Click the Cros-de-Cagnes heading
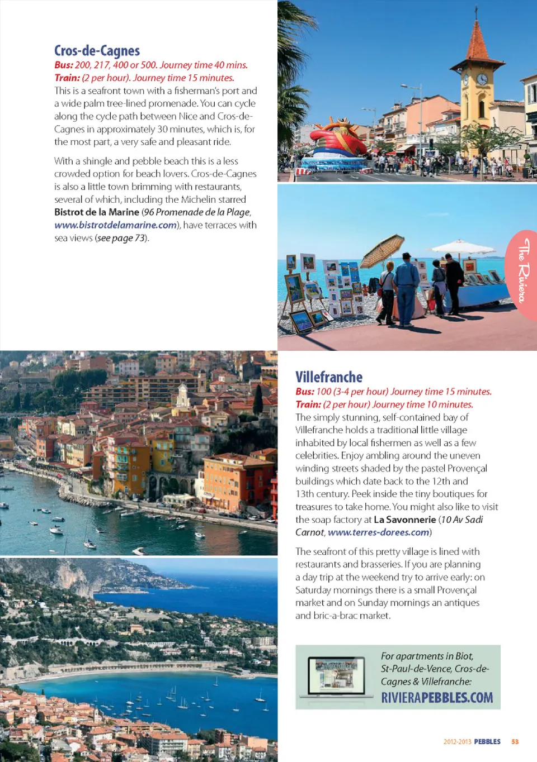pos(97,51)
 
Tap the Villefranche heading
pos(329,377)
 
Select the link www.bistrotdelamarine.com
pos(115,225)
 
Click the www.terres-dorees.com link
pos(379,532)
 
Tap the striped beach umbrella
pos(383,249)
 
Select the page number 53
pos(515,742)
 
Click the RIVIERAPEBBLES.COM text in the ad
pos(437,698)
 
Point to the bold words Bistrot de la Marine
pos(97,212)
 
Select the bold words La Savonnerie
pos(404,520)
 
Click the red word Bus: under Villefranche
pos(305,392)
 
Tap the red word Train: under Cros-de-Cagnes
pos(67,78)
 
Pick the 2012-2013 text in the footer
pos(457,742)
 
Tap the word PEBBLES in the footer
pos(487,742)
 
